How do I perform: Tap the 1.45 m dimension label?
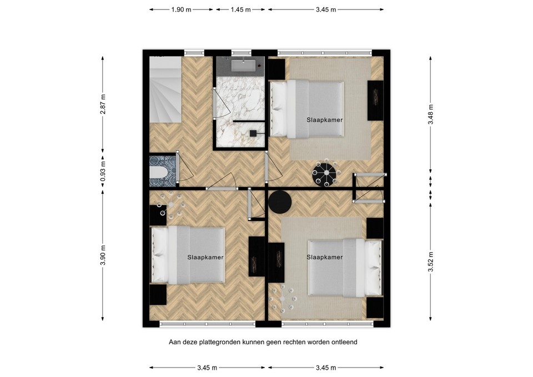coord(240,9)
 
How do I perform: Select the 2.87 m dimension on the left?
coord(103,104)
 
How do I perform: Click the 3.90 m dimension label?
coord(103,255)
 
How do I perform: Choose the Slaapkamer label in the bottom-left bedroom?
coord(205,258)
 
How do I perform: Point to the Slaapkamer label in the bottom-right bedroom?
coord(324,257)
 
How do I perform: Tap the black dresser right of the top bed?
coord(375,100)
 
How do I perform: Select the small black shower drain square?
coord(253,133)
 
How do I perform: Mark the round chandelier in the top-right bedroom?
coord(324,174)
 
